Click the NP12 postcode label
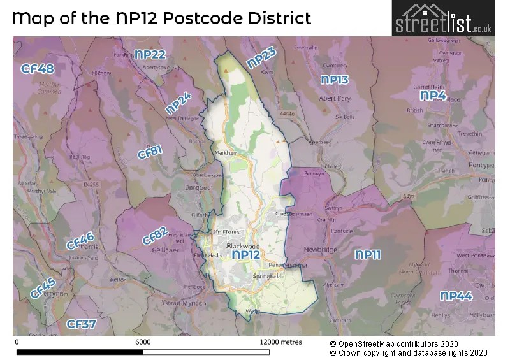point(247,255)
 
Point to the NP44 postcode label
point(456,296)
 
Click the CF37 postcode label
point(81,324)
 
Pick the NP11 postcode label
point(368,255)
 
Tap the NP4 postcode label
point(433,96)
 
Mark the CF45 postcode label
point(42,288)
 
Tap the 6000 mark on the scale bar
point(143,342)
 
